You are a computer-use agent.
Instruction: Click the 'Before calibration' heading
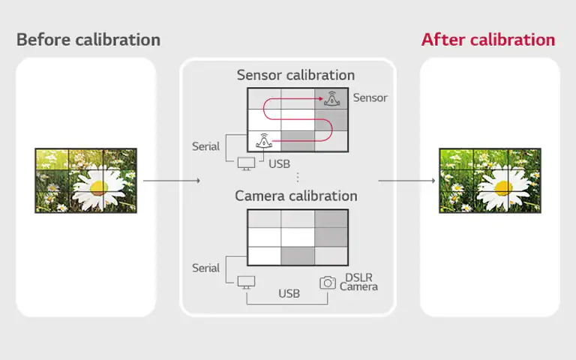click(88, 40)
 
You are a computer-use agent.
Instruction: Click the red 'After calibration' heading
click(487, 40)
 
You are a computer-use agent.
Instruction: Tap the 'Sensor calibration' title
click(295, 75)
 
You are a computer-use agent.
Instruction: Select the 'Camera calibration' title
click(296, 196)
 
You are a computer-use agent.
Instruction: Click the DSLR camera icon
click(328, 283)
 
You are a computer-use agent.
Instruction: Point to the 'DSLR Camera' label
click(358, 282)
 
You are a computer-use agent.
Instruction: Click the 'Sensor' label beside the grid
click(370, 97)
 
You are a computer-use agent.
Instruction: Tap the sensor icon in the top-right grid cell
click(332, 98)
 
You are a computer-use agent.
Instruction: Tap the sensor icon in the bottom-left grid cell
click(264, 141)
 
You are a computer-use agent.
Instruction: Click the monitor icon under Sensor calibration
click(246, 163)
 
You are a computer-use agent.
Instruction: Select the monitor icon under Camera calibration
click(246, 282)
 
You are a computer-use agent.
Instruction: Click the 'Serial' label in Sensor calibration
click(205, 146)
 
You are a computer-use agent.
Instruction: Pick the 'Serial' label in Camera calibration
click(205, 268)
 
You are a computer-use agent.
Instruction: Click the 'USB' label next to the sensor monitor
click(279, 163)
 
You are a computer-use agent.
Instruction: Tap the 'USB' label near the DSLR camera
click(289, 293)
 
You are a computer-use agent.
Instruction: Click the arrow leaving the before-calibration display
click(172, 180)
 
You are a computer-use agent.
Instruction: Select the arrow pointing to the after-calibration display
click(406, 180)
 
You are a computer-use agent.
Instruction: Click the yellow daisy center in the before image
click(98, 188)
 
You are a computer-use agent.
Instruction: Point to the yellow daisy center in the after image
click(503, 188)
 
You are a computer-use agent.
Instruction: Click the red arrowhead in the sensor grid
click(321, 98)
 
